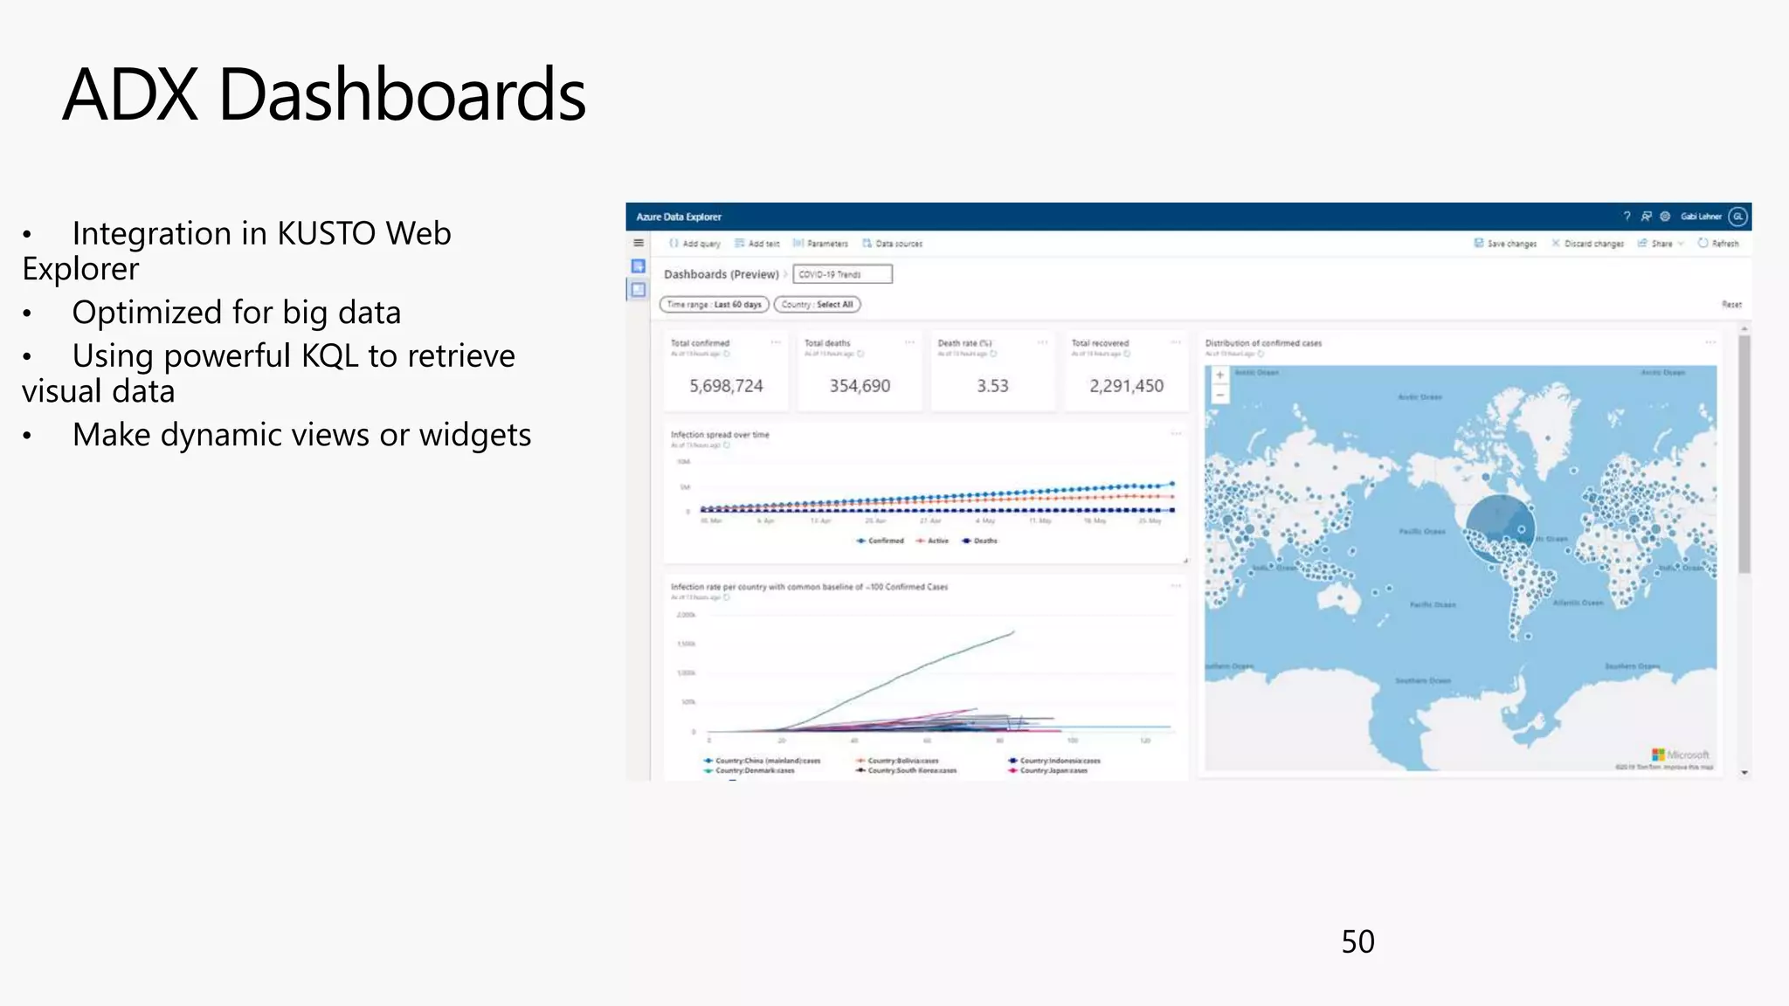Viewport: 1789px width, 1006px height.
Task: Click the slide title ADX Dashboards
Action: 324,94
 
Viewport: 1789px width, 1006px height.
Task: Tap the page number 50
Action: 1357,941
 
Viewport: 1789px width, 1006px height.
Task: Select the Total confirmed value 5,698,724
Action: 726,386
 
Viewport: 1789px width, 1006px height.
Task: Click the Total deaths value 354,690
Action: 860,386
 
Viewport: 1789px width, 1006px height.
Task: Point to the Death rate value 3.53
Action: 992,386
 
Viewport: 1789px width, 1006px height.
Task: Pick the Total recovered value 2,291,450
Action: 1126,386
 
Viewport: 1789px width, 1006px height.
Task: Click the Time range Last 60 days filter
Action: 714,305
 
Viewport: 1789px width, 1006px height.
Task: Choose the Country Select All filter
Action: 817,305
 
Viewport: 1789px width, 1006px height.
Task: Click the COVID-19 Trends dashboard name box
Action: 842,274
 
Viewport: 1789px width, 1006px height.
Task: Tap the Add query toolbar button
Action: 695,244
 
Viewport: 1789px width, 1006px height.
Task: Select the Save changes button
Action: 1505,244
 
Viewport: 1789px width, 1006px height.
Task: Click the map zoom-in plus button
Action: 1219,376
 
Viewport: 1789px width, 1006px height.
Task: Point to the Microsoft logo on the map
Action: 1680,754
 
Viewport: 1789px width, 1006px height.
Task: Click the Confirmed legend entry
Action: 881,541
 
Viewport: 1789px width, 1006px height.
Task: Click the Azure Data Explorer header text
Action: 679,217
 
